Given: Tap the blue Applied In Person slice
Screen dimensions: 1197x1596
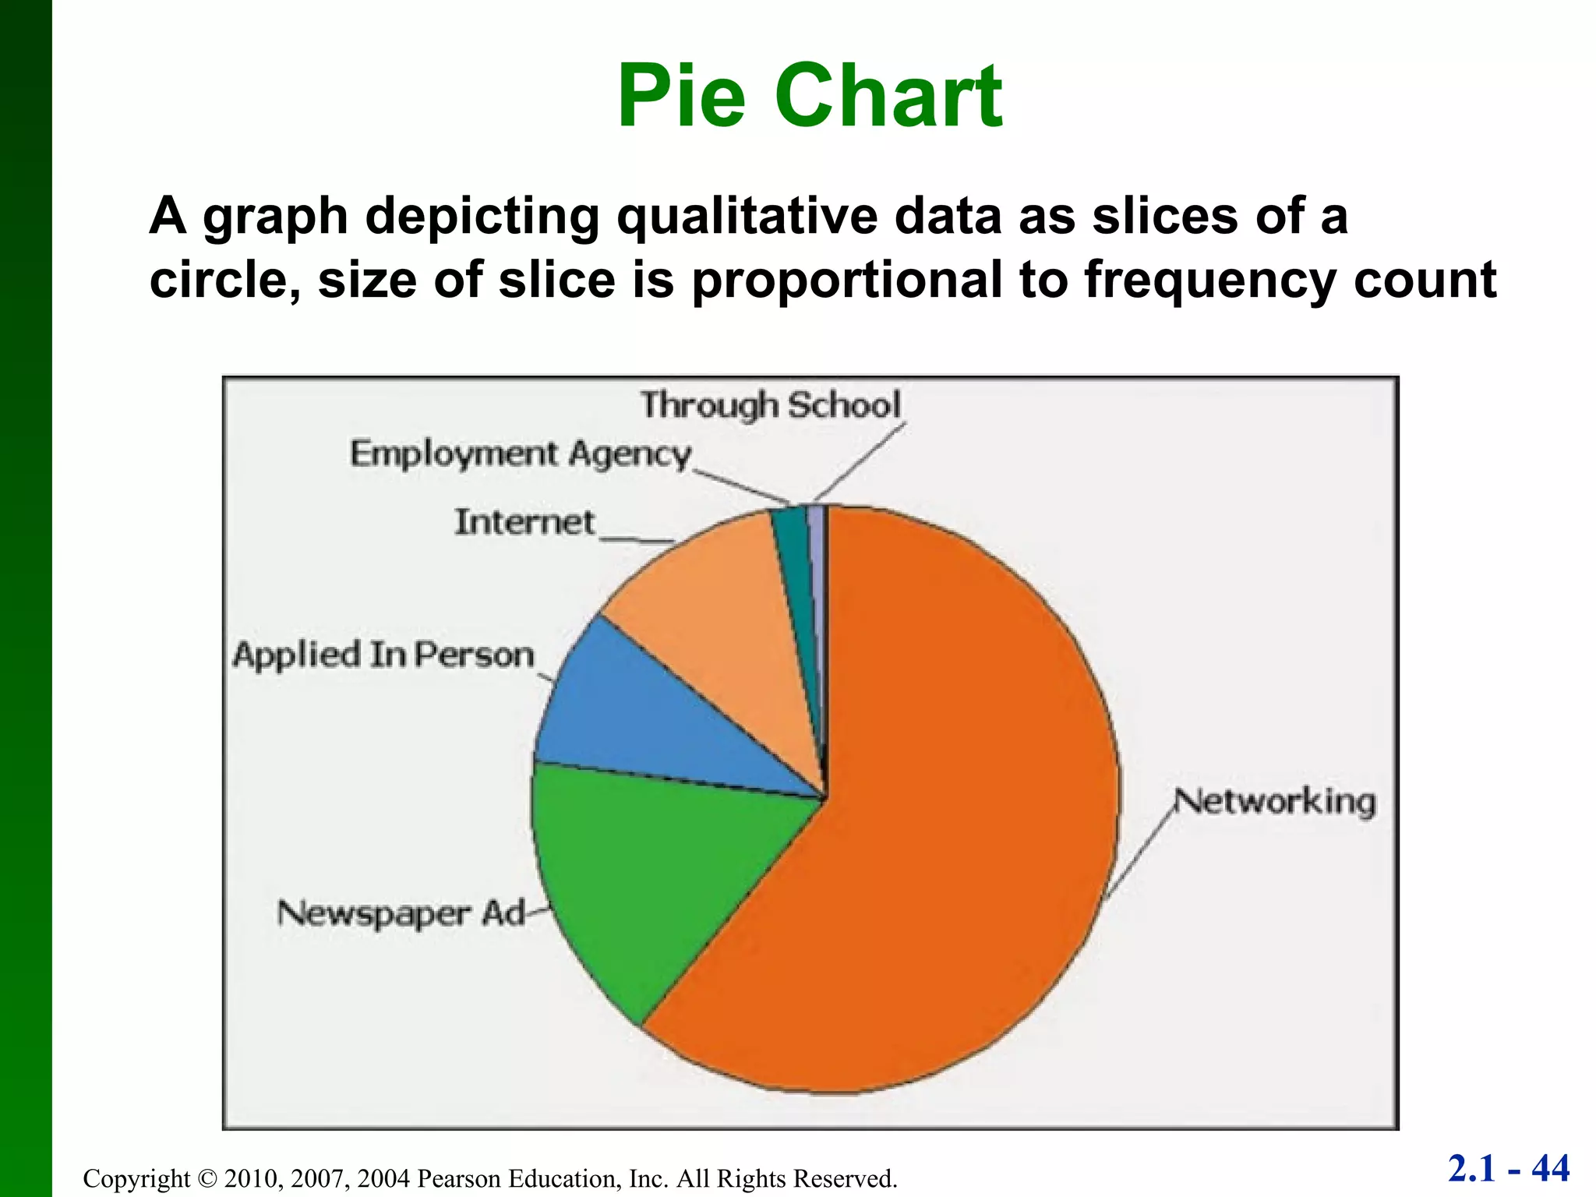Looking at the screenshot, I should [639, 717].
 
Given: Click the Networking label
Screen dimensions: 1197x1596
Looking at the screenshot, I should [1275, 802].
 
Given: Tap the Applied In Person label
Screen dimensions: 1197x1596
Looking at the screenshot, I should [383, 655].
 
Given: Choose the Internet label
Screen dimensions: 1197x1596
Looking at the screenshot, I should [524, 522].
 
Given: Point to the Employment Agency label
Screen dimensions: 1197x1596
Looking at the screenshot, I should [520, 454].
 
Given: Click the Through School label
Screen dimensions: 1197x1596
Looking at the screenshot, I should [770, 405].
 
